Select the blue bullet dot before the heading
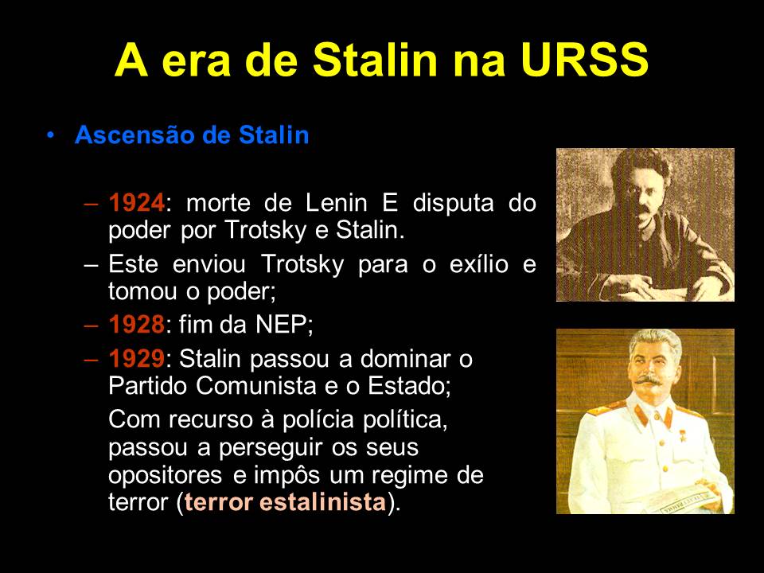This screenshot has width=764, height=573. coord(51,134)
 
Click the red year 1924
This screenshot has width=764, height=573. coord(136,203)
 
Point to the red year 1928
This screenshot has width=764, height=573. coord(136,325)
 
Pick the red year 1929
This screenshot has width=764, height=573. coord(136,359)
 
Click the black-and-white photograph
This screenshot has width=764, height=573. coord(645,224)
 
